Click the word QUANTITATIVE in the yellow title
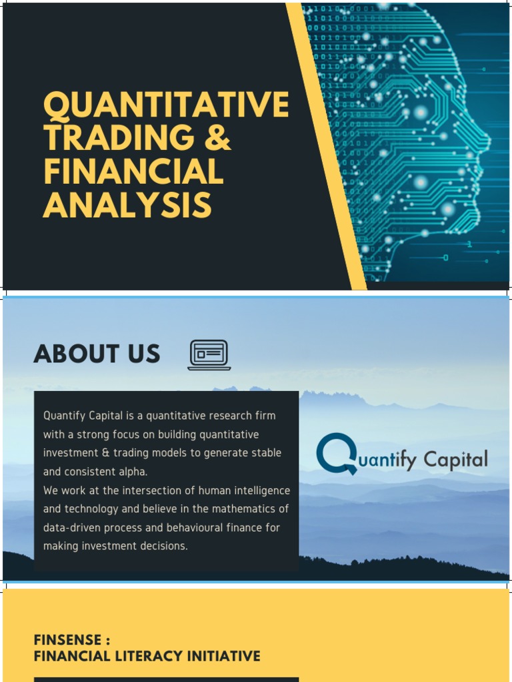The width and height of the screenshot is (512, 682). (166, 105)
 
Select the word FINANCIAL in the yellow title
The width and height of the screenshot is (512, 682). (133, 171)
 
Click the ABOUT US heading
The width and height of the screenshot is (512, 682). (97, 354)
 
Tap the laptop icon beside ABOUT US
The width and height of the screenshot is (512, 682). (209, 355)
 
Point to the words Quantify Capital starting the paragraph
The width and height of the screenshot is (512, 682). (83, 416)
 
